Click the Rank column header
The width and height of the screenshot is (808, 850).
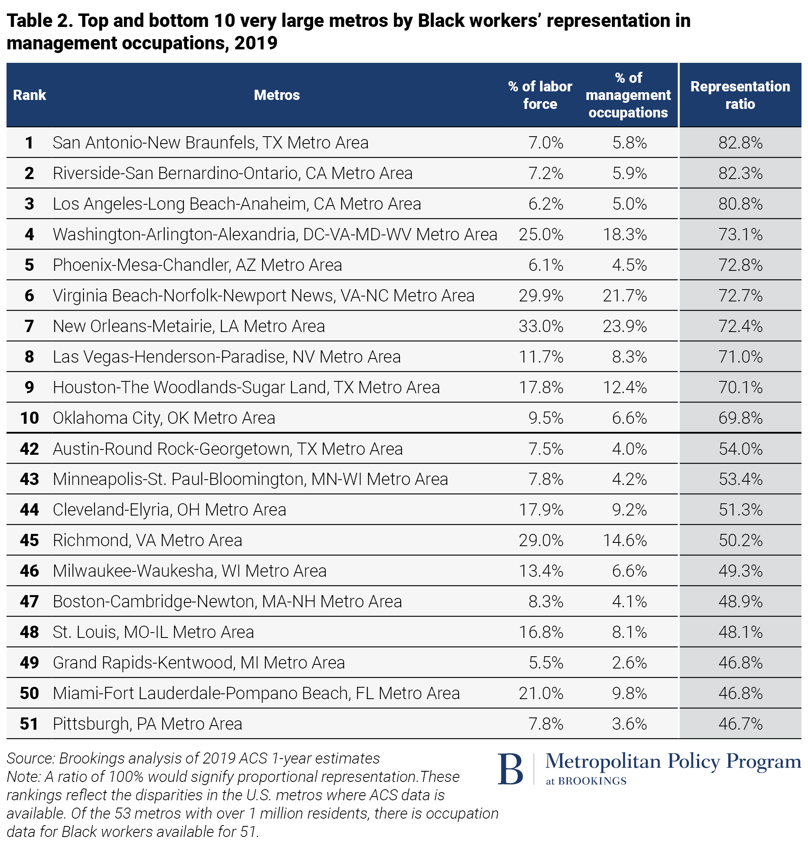(29, 95)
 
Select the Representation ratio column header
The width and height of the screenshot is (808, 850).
(740, 95)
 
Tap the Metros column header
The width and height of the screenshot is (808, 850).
(276, 95)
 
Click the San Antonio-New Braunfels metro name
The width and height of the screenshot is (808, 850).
(210, 143)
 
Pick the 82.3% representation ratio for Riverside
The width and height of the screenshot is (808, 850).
(740, 173)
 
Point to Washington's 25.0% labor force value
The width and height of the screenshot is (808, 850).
(541, 235)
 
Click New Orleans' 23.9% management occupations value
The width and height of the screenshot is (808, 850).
(625, 326)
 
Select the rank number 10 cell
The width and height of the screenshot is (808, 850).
(29, 418)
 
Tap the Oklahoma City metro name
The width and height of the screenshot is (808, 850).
(163, 418)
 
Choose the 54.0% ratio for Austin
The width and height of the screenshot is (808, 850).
(740, 449)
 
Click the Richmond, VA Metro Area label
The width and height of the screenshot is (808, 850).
(147, 540)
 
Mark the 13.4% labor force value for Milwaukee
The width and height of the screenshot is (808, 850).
(541, 571)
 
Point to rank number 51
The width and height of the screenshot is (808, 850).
(29, 724)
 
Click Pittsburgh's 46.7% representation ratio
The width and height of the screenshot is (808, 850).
(740, 724)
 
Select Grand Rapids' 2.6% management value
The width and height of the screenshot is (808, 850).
(629, 663)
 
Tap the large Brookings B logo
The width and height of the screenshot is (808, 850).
(510, 769)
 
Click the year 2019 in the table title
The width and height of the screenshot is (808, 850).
(256, 43)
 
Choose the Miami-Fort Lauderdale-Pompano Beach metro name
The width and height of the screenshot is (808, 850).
(256, 693)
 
